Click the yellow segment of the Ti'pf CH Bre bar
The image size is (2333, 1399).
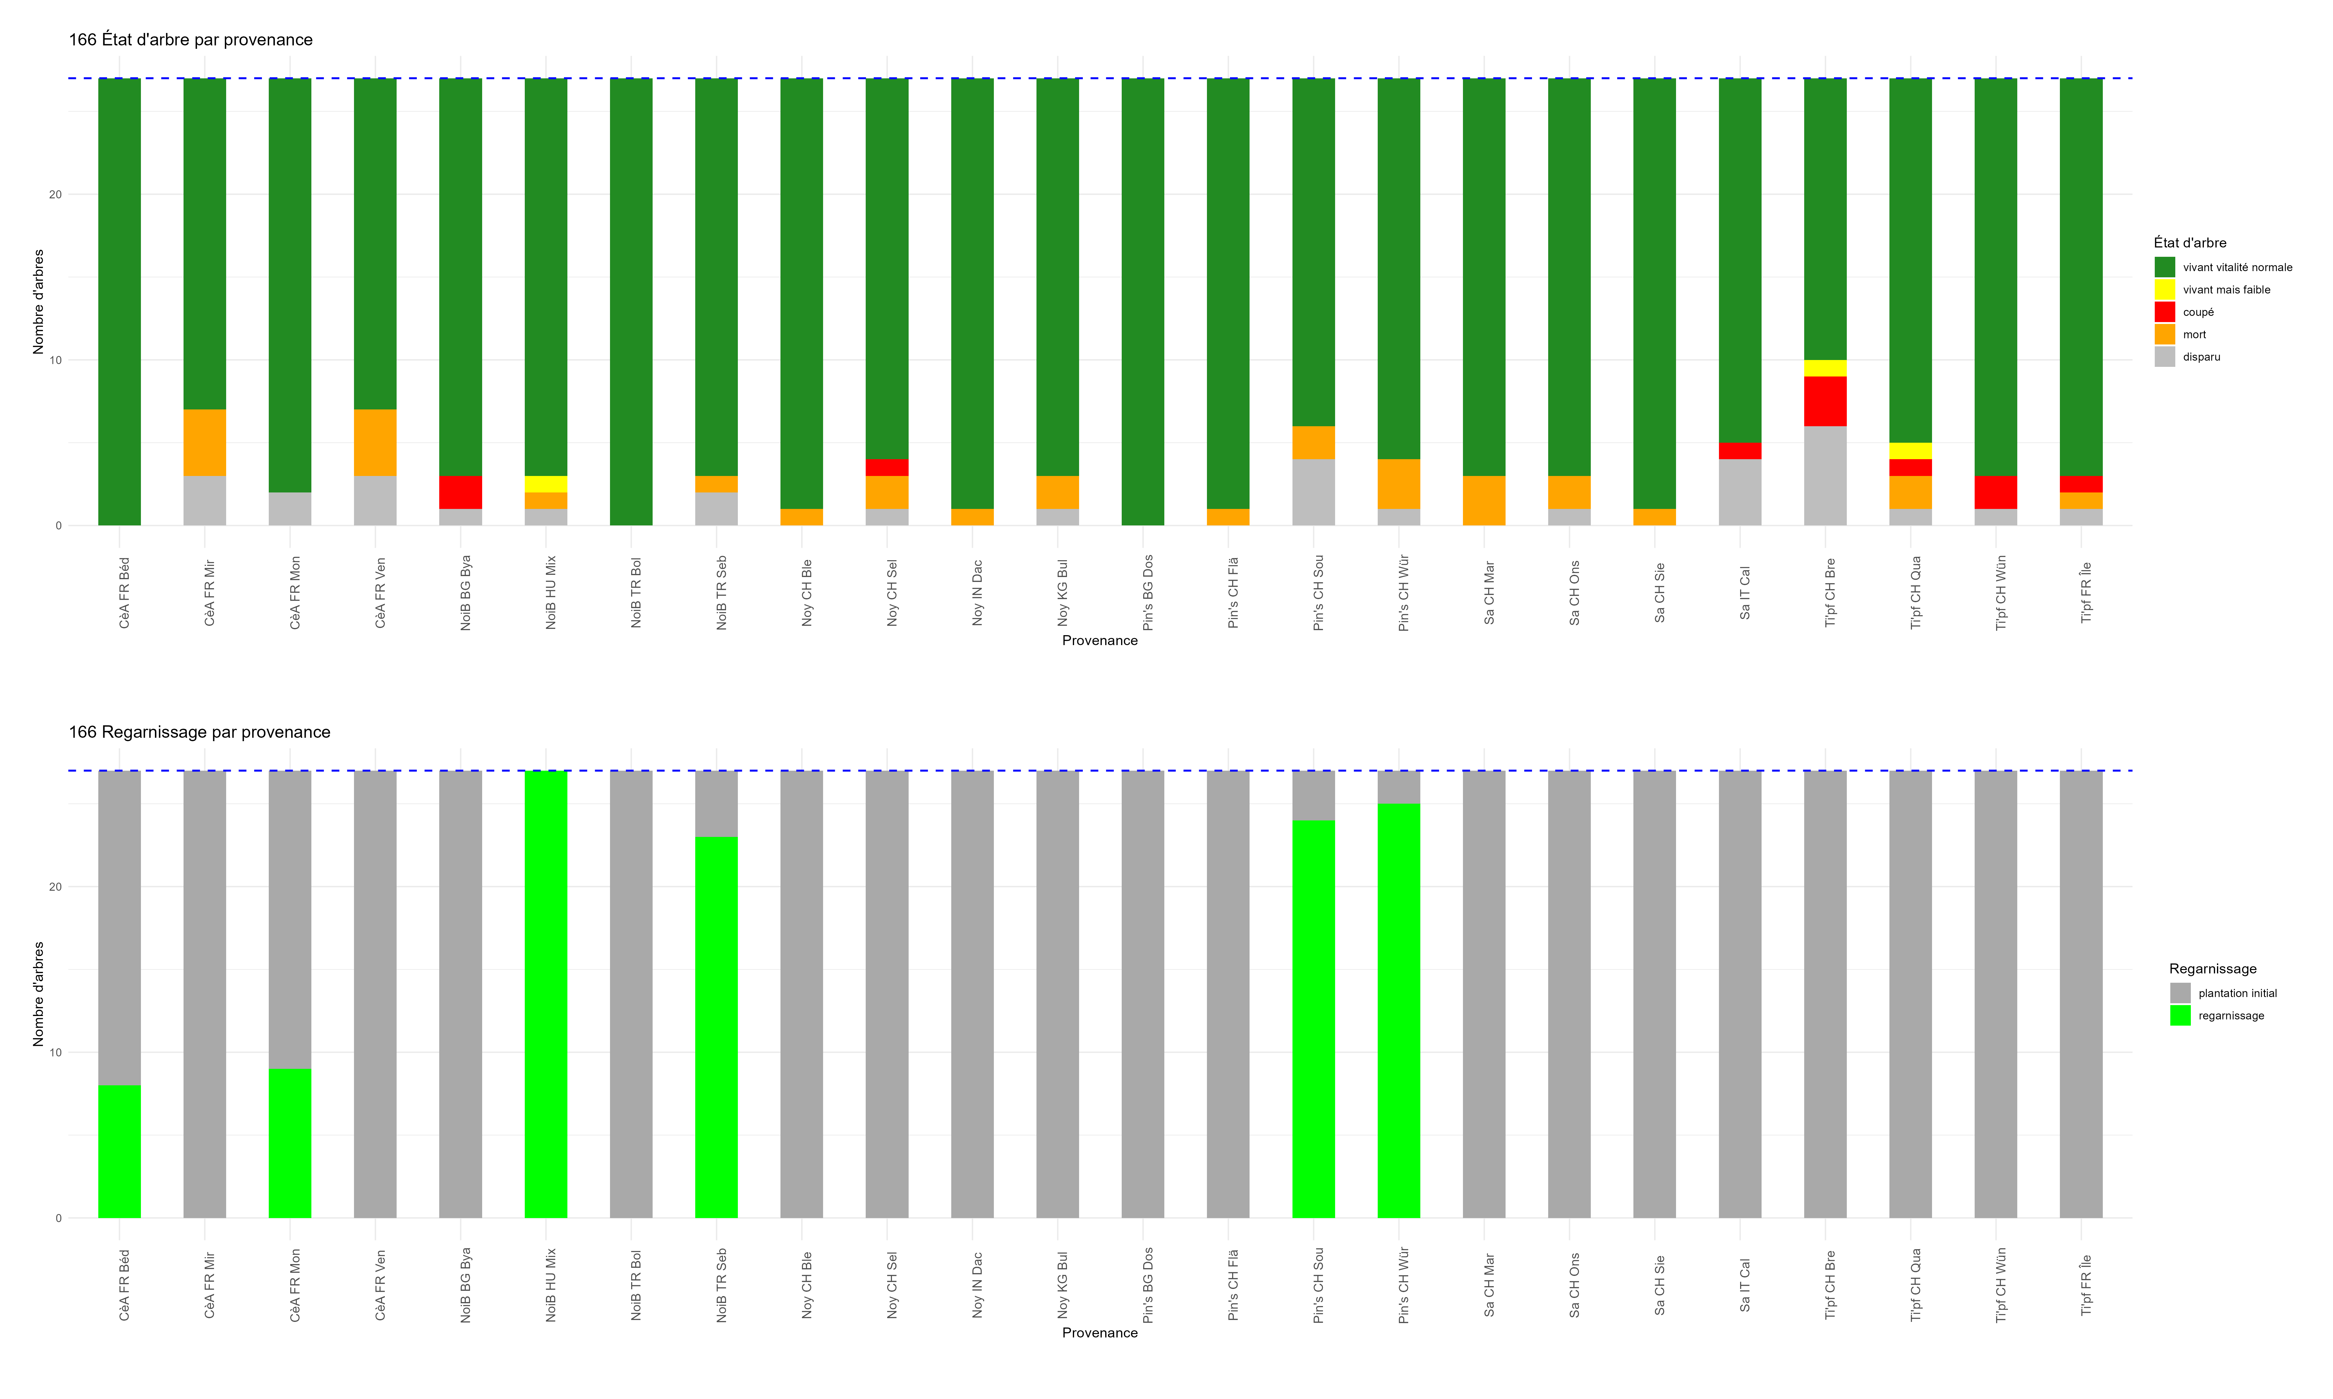pyautogui.click(x=1825, y=368)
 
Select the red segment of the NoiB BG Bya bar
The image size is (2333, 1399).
pyautogui.click(x=460, y=492)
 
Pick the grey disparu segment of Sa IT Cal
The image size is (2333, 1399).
pyautogui.click(x=1740, y=492)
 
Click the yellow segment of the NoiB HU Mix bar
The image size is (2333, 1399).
pyautogui.click(x=546, y=484)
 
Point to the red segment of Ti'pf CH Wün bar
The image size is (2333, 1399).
pyautogui.click(x=1995, y=492)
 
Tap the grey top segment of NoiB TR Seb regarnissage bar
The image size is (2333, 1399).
pyautogui.click(x=717, y=803)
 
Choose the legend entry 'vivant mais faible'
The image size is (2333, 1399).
pyautogui.click(x=2225, y=289)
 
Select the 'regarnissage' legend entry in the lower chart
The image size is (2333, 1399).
pyautogui.click(x=2230, y=1015)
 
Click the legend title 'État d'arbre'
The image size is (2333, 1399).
pyautogui.click(x=2190, y=242)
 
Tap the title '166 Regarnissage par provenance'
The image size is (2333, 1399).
pyautogui.click(x=199, y=732)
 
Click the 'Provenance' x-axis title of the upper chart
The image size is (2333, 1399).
pyautogui.click(x=1100, y=640)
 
